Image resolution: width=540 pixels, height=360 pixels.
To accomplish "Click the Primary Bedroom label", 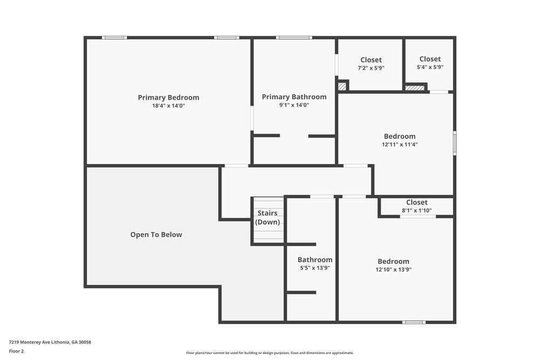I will (168, 98).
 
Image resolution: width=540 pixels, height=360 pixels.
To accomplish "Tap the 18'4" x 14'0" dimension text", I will (168, 106).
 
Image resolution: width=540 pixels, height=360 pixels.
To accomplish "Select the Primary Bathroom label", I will (294, 97).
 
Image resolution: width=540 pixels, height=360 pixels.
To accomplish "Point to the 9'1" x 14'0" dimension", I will (294, 105).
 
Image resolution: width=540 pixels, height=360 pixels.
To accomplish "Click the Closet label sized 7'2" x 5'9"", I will (370, 60).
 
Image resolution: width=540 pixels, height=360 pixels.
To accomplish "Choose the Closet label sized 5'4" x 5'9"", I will (430, 59).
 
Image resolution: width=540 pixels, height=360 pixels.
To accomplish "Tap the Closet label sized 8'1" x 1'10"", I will (417, 202).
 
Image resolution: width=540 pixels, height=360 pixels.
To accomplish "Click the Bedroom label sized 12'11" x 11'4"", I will (400, 137).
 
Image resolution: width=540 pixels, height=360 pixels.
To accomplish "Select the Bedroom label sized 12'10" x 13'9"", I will (393, 261).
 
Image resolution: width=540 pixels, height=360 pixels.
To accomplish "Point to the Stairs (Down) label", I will (267, 218).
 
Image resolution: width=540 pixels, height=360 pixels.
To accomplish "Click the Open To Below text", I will (156, 235).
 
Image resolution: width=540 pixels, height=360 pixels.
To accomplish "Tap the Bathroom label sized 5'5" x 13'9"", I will (315, 260).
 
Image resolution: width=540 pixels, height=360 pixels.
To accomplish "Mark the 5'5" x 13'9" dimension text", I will (315, 268).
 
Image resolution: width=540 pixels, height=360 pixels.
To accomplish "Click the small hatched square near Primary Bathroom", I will (341, 86).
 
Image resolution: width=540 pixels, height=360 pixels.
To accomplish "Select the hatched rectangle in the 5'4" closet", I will (415, 88).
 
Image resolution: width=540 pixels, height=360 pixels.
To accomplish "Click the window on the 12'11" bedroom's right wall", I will (455, 143).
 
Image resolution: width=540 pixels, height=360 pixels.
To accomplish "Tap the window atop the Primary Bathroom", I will (294, 38).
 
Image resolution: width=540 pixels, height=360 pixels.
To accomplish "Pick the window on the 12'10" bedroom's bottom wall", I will (414, 322).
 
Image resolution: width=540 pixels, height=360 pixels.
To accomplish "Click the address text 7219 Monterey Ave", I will (50, 342).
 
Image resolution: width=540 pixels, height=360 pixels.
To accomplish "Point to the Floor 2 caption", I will (16, 351).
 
